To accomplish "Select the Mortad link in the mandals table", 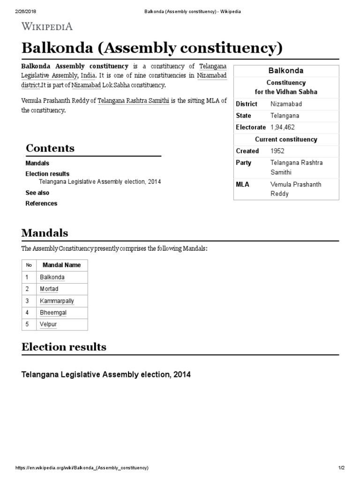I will (x=49, y=289).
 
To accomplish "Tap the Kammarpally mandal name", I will (x=57, y=301).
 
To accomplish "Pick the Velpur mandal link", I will (x=48, y=324).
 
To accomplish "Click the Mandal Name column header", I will (x=61, y=265).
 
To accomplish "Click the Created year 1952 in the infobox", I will (x=277, y=151).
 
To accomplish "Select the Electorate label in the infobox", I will (x=251, y=127).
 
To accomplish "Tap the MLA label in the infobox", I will (x=242, y=185).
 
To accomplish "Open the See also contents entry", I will (x=37, y=193).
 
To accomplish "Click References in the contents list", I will (x=41, y=203).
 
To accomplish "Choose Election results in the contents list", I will (x=47, y=173).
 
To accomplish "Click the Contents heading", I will (x=50, y=148).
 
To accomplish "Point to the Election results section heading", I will (x=64, y=347).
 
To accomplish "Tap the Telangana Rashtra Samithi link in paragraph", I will (x=133, y=101).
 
